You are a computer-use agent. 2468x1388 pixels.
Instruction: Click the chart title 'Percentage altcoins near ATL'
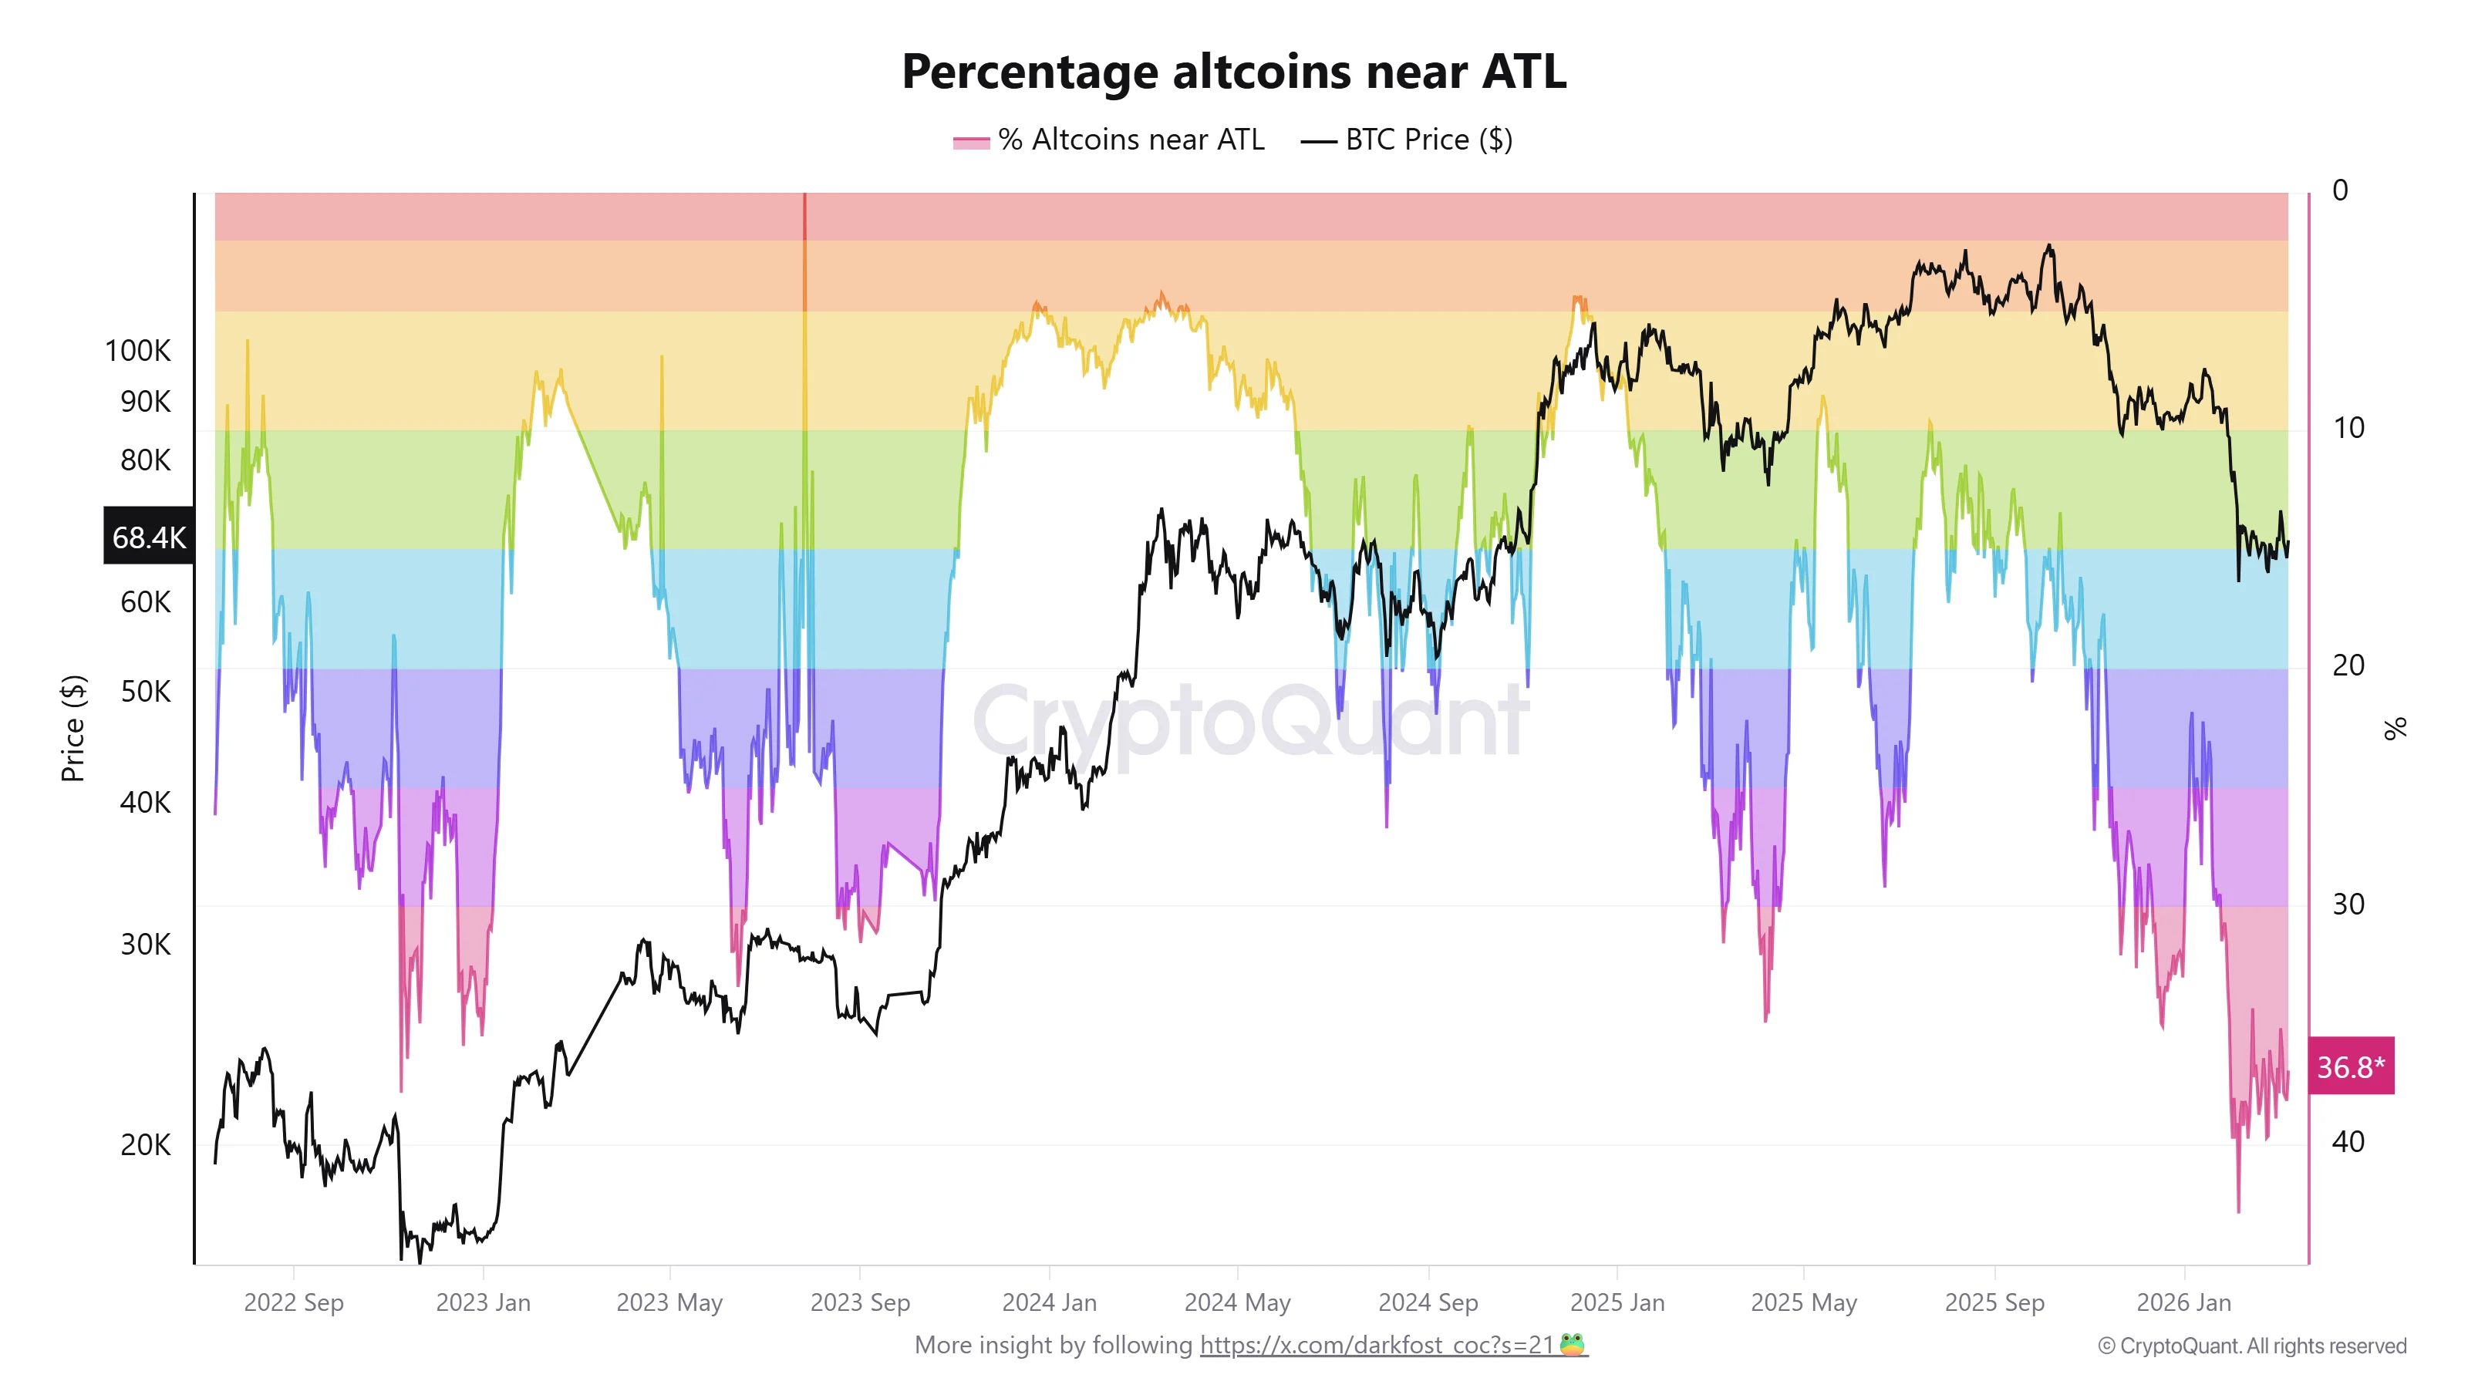tap(1234, 72)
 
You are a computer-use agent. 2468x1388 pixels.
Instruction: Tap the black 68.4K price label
tap(149, 537)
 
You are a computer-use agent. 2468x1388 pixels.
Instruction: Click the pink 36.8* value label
tap(2350, 1066)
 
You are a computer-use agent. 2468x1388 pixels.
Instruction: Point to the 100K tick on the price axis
tap(138, 351)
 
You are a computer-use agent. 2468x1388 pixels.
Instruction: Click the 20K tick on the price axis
tap(146, 1144)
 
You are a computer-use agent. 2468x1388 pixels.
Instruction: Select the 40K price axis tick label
tap(146, 802)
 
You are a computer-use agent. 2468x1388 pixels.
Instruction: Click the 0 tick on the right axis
tap(2340, 190)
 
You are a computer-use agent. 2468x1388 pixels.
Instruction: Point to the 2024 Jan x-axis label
tap(1049, 1302)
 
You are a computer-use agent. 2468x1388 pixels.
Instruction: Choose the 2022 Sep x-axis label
tap(293, 1302)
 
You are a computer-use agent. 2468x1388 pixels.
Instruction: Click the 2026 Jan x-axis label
tap(2183, 1302)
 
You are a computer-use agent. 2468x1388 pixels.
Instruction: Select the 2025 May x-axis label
tap(1803, 1302)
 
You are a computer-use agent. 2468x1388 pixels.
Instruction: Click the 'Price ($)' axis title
tap(72, 728)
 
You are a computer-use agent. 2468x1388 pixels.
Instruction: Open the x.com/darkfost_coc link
tap(1376, 1345)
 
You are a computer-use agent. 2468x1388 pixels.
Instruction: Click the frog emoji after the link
tap(1571, 1344)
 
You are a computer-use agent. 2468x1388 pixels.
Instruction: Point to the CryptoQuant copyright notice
tap(2251, 1346)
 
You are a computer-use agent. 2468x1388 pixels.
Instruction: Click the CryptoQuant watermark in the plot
tap(1250, 720)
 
